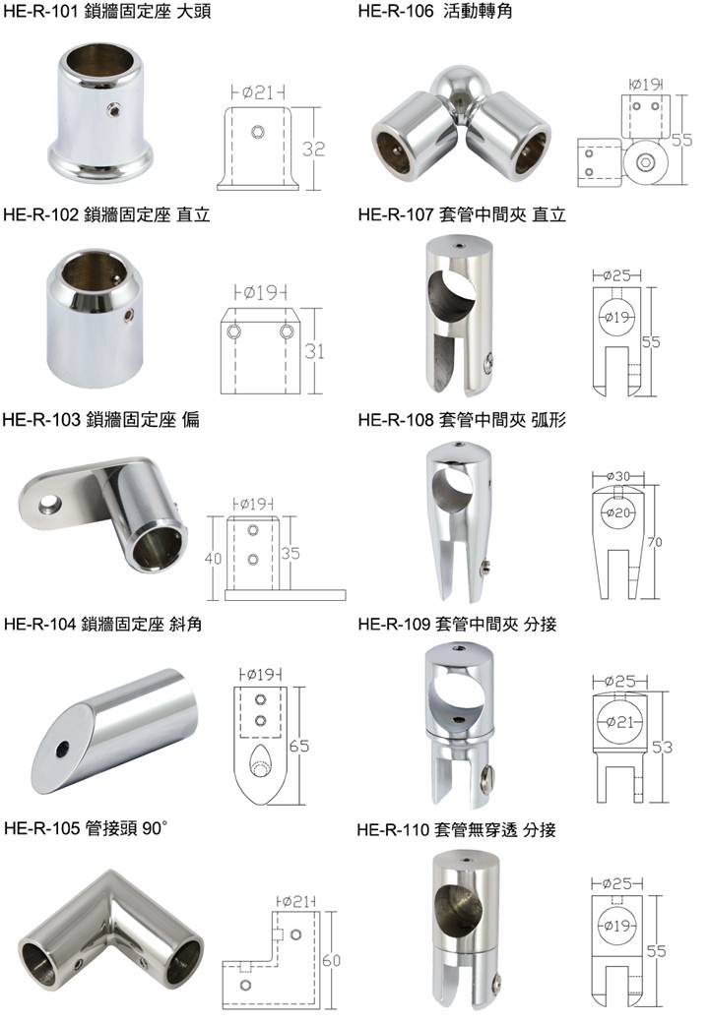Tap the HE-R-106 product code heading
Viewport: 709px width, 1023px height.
pos(396,11)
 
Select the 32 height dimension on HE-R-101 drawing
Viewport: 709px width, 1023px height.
pos(313,149)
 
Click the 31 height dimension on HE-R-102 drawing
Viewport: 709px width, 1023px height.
pos(314,352)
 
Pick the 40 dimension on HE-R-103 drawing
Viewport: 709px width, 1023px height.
pos(214,559)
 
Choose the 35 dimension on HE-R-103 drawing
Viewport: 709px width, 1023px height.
pos(290,553)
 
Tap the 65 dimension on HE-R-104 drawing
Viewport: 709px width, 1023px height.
pos(299,746)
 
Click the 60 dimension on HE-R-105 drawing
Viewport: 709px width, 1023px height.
pos(331,960)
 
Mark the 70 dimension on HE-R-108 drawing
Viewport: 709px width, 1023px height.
pos(654,542)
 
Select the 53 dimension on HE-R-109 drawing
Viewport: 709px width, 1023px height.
pos(662,747)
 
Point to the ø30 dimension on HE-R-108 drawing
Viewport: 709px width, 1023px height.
pos(618,476)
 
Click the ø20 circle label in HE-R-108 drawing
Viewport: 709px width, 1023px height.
pos(617,512)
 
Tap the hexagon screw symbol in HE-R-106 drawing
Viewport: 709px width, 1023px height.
pos(646,162)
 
